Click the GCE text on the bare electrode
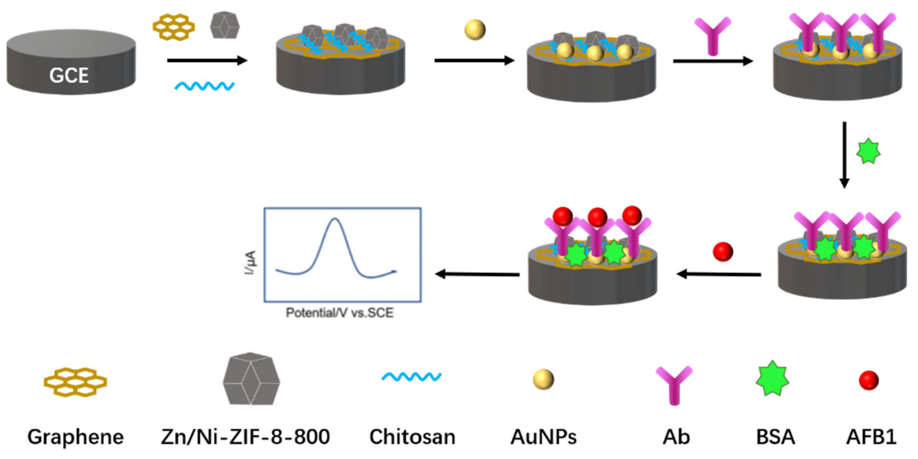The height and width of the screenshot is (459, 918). click(x=69, y=76)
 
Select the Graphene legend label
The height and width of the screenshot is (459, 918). click(x=76, y=437)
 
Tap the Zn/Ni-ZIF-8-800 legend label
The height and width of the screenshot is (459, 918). click(x=245, y=437)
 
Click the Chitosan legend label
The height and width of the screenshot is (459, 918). click(x=412, y=437)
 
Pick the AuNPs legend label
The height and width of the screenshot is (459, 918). click(x=544, y=437)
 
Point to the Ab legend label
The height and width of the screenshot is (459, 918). click(x=676, y=437)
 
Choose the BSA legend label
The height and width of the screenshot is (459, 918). click(x=775, y=437)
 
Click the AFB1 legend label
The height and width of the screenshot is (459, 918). click(x=871, y=437)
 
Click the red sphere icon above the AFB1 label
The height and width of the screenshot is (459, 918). click(x=869, y=380)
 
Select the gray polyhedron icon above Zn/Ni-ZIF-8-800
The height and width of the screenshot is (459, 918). click(x=251, y=379)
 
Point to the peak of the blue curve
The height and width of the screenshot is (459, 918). click(x=334, y=219)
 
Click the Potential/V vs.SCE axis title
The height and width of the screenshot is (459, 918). click(x=340, y=313)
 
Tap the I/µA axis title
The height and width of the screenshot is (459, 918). click(x=251, y=263)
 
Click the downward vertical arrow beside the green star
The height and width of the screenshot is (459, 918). click(x=844, y=155)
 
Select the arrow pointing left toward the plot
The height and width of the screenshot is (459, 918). click(x=477, y=274)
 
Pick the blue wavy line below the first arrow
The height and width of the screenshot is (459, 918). click(x=205, y=86)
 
